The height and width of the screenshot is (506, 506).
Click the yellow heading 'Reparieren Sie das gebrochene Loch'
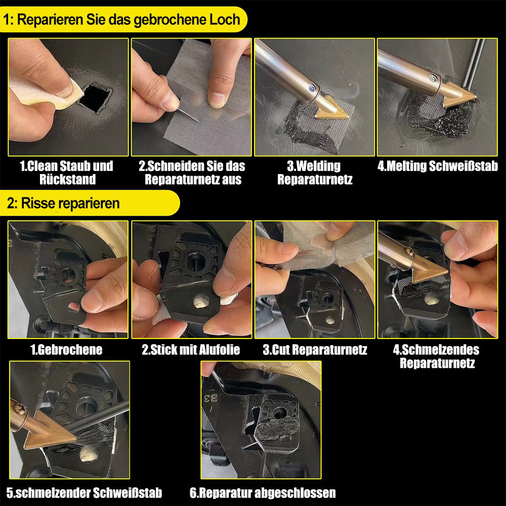[x=129, y=20]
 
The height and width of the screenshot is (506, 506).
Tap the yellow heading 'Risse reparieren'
[x=70, y=203]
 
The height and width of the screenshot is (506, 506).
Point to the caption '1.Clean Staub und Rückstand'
[x=67, y=173]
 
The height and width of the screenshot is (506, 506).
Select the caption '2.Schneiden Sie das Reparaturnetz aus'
[x=192, y=173]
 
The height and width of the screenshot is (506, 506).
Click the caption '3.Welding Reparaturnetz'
[x=315, y=173]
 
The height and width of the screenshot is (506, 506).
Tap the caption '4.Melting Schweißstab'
[x=438, y=166]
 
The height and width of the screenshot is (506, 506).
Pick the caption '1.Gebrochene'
[x=66, y=350]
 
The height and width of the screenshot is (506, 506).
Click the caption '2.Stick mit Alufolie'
[x=191, y=350]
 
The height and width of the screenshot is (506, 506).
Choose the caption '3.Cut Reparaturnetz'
[x=315, y=350]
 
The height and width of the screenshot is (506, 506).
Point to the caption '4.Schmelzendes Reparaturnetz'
[x=437, y=356]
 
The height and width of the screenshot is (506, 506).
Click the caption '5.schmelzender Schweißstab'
[x=84, y=493]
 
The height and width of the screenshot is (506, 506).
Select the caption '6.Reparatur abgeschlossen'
[x=263, y=493]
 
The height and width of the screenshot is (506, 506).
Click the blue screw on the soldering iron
[x=311, y=88]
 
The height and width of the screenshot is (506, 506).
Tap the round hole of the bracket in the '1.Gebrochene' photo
[x=68, y=275]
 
